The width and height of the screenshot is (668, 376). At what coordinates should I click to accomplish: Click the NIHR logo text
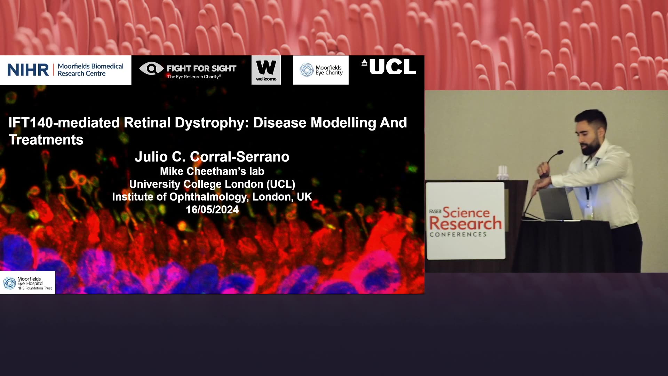28,70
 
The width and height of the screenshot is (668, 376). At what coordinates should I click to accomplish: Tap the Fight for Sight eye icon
151,68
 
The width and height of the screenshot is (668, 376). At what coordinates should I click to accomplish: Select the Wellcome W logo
266,70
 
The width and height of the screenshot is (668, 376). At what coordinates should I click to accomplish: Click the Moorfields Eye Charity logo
321,70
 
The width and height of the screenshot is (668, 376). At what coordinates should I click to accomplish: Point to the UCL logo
389,66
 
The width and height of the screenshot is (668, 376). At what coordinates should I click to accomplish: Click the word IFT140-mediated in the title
64,123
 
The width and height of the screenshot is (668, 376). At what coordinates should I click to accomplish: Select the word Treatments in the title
46,140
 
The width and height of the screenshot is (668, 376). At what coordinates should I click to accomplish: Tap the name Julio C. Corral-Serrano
212,157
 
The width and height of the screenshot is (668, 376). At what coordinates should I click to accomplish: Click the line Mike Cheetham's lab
212,171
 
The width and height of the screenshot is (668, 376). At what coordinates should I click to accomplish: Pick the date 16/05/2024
212,210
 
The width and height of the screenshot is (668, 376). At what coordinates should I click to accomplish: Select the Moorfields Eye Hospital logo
27,283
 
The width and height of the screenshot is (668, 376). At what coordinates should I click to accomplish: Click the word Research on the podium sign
466,223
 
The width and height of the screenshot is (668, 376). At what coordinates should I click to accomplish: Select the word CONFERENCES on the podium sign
458,234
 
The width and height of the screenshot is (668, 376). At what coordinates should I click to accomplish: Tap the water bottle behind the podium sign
502,173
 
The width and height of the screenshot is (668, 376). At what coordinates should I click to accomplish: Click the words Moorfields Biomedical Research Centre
90,70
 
